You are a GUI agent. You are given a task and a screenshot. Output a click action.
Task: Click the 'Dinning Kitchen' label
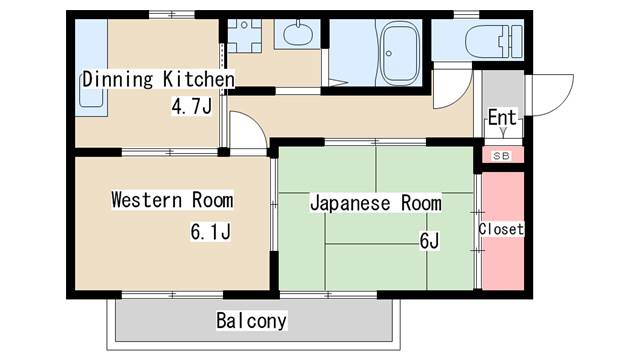click(158, 79)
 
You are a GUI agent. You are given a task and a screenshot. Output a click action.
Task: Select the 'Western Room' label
click(171, 199)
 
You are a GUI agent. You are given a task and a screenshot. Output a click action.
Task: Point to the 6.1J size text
click(212, 233)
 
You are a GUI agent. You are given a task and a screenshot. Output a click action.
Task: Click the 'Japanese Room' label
click(375, 203)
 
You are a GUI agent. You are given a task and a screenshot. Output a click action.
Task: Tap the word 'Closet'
click(501, 229)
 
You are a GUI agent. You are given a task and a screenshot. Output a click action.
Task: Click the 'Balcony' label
click(252, 321)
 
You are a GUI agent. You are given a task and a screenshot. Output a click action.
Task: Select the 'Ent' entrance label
click(502, 117)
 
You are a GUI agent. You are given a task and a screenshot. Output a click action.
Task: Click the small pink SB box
click(502, 155)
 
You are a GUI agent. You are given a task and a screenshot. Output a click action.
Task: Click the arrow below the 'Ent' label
click(502, 131)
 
